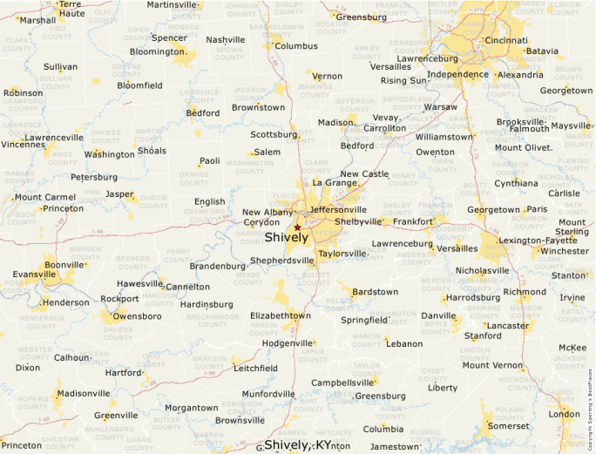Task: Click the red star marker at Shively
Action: click(297, 227)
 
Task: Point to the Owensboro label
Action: click(137, 315)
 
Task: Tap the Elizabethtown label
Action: click(280, 315)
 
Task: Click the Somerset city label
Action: click(507, 426)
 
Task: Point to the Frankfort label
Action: click(412, 221)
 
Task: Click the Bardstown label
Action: click(375, 292)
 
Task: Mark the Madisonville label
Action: click(84, 393)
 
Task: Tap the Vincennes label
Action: click(22, 145)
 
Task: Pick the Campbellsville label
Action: click(342, 383)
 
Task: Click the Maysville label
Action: click(571, 125)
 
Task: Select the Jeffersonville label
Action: click(338, 209)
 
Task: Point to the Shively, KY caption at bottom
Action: click(298, 444)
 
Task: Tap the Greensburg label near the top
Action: click(361, 17)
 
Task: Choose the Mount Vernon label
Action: click(492, 365)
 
